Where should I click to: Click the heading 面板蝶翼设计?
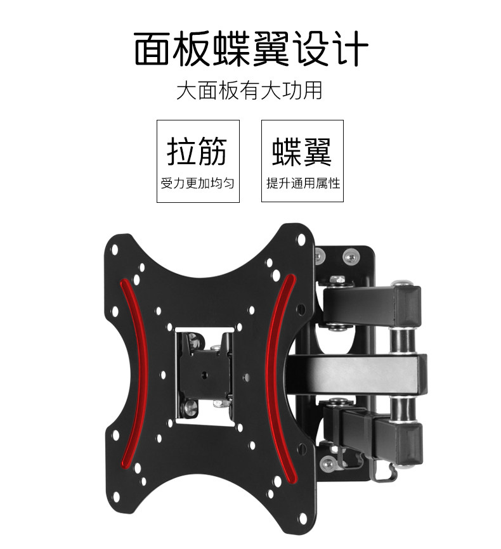[251, 50]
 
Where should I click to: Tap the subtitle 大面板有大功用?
[249, 91]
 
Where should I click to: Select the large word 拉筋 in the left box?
[197, 150]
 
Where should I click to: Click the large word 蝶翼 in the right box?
[302, 150]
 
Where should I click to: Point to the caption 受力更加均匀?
[197, 184]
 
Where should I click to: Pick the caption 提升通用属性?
[303, 184]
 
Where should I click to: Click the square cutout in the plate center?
[205, 374]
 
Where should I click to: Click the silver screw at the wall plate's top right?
[349, 257]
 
